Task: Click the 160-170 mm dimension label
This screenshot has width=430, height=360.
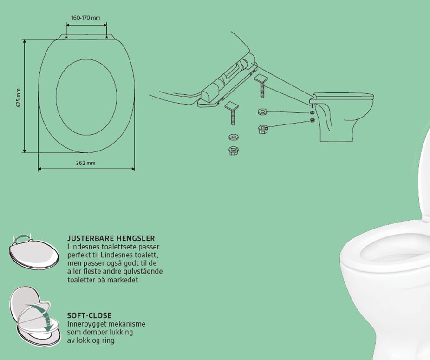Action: click(86, 18)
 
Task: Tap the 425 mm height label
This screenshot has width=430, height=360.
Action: click(19, 98)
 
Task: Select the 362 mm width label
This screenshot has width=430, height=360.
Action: click(85, 163)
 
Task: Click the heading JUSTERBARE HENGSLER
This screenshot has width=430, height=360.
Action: click(111, 238)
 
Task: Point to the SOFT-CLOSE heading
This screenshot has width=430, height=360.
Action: click(90, 315)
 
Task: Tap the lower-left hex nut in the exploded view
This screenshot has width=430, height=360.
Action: click(233, 151)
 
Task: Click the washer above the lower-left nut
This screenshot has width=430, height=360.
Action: click(233, 137)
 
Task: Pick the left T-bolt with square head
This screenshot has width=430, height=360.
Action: click(232, 112)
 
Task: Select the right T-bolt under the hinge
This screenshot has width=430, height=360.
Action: click(261, 85)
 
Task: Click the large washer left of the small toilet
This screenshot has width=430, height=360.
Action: click(263, 111)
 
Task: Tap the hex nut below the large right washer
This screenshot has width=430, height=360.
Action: click(264, 129)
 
